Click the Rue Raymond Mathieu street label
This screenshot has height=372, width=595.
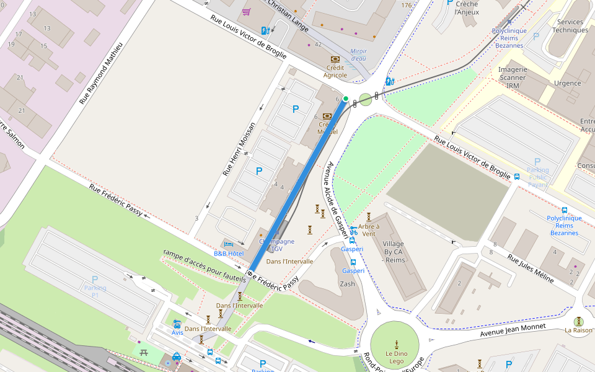tap(102, 73)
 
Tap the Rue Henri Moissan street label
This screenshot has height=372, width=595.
tap(240, 149)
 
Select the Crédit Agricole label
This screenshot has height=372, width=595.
tap(335, 71)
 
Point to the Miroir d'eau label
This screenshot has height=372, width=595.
tap(358, 55)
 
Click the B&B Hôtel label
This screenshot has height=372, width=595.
tap(229, 253)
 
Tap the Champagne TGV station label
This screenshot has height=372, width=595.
tap(276, 245)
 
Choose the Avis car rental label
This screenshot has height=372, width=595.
tap(178, 332)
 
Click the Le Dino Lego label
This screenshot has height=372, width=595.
tap(395, 357)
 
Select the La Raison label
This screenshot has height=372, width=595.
tap(578, 330)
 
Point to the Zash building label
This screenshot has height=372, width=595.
tap(347, 283)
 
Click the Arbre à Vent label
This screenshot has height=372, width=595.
tap(369, 229)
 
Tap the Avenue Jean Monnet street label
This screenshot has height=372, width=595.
tap(513, 330)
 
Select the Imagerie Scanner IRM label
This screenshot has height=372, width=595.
tap(513, 77)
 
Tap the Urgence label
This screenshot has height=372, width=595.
tap(567, 83)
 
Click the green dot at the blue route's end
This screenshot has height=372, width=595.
tap(346, 99)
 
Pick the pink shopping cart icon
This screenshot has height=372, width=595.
tap(246, 12)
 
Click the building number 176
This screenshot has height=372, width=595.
tap(406, 6)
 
